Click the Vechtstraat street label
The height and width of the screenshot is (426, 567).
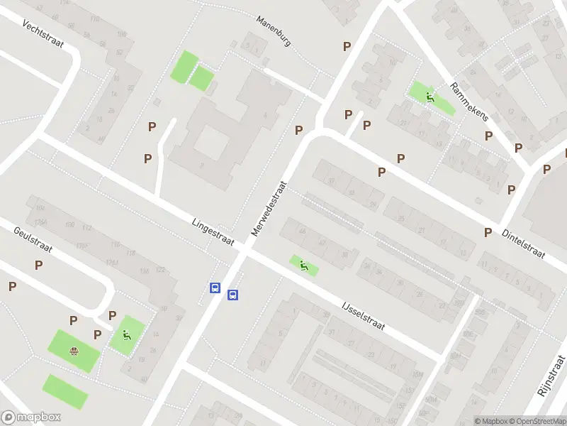43,35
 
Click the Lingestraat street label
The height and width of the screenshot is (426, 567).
213,232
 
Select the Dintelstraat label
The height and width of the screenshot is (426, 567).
523,243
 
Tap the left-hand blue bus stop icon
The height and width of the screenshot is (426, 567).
214,288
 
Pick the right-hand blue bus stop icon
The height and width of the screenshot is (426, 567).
232,295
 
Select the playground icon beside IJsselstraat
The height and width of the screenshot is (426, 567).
304,266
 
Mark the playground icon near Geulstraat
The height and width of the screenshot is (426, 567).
126,335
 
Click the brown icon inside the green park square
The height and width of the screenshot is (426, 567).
74,350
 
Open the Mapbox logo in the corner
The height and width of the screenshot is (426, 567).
31,417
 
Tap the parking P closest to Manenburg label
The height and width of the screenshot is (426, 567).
347,47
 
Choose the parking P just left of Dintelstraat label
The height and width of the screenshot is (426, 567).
488,232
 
